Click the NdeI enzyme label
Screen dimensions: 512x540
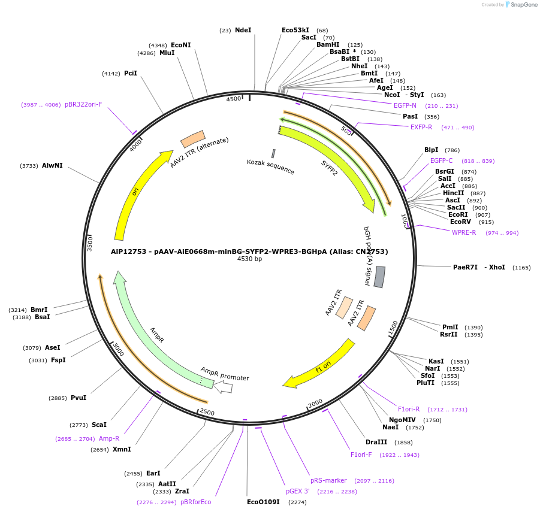coord(243,30)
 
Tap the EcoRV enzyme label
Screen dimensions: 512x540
coord(460,222)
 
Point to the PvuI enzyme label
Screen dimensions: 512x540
coord(79,398)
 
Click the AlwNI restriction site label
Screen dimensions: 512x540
coord(52,165)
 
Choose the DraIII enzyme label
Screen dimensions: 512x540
coord(376,442)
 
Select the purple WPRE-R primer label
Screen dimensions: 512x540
coord(464,232)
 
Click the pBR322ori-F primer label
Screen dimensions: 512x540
coord(83,104)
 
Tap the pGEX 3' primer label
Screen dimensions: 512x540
coord(297,491)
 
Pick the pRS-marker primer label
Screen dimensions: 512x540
coord(328,480)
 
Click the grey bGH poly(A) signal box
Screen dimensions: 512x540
coord(379,277)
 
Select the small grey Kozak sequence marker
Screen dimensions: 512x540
coord(273,154)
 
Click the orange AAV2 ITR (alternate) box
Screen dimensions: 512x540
coord(193,139)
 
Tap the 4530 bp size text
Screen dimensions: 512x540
coord(249,259)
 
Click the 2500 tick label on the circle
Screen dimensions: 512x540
coord(207,412)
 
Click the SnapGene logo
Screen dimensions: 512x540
coord(519,5)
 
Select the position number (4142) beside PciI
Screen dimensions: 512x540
coord(111,74)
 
